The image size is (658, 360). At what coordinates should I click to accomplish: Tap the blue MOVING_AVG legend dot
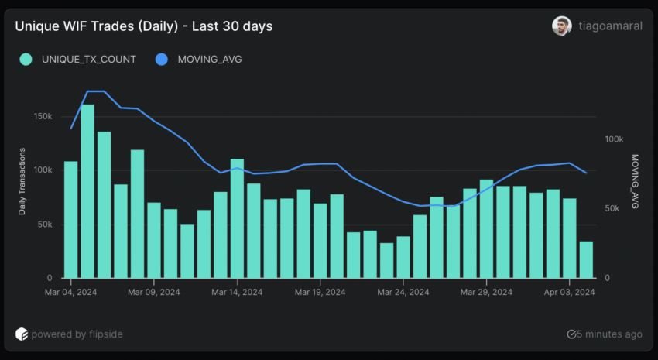[161, 59]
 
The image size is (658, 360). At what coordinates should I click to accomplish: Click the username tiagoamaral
[610, 26]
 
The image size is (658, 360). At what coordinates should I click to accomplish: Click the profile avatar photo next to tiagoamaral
[561, 26]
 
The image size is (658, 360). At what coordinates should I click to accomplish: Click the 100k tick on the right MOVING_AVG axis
[614, 139]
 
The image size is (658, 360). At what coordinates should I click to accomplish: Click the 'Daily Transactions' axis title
[23, 181]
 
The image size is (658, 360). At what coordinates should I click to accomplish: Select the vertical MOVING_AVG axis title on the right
[636, 182]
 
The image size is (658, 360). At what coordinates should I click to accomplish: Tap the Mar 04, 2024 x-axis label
[70, 293]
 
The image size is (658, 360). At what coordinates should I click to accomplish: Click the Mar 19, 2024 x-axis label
[320, 293]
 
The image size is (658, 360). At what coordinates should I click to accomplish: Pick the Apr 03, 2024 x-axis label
[569, 293]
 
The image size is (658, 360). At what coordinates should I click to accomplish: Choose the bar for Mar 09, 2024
[154, 240]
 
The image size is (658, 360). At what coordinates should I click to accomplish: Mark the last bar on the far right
[586, 259]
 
